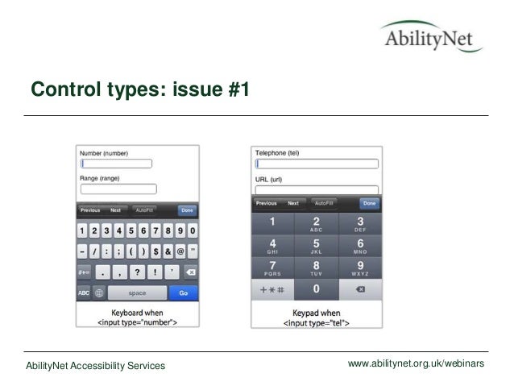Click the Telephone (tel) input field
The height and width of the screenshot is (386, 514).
tap(316, 164)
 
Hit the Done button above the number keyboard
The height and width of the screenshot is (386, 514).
tap(187, 210)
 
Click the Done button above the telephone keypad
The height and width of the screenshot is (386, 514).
tap(369, 204)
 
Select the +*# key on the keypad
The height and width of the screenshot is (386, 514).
tap(272, 288)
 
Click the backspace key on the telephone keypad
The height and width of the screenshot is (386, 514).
tap(359, 288)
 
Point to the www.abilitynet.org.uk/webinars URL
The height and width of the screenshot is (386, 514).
tap(415, 365)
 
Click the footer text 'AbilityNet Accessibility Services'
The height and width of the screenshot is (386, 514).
tap(95, 367)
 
